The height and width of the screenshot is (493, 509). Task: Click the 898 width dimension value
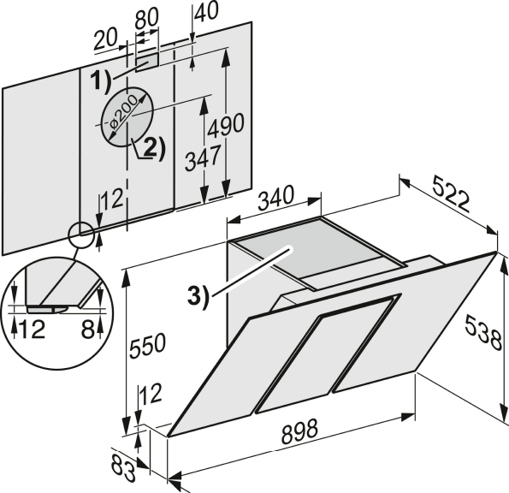click(x=299, y=431)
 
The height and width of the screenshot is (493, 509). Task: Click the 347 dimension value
click(x=203, y=158)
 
